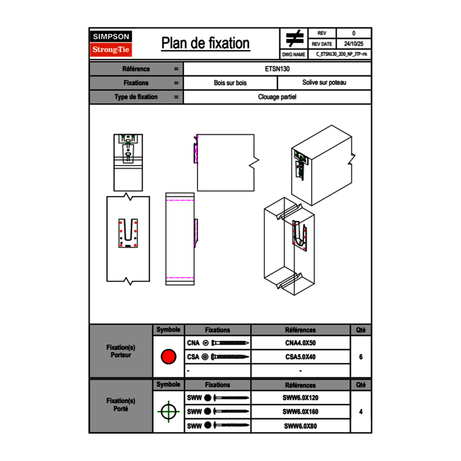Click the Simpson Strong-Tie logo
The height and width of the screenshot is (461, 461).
click(112, 43)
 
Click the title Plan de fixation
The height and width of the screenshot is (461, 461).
click(205, 43)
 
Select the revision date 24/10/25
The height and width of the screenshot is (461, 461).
click(354, 44)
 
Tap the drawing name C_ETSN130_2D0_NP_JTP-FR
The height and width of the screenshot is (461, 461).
click(341, 54)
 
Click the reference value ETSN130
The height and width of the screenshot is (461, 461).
click(278, 69)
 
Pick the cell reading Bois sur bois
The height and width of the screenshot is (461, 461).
click(230, 83)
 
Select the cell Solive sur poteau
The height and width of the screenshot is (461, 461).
click(324, 83)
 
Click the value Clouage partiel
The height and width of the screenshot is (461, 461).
click(277, 97)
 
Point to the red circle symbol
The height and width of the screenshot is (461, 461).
click(168, 357)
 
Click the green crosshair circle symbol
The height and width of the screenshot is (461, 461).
click(168, 411)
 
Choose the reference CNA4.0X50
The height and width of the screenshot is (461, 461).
click(300, 343)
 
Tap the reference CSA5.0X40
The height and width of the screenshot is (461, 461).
click(300, 357)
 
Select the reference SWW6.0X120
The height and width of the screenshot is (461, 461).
click(300, 398)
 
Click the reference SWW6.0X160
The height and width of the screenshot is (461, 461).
click(300, 412)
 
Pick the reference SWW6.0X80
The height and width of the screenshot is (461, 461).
click(300, 426)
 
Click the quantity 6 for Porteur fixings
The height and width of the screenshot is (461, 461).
click(361, 357)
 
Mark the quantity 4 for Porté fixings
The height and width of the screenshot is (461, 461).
click(361, 412)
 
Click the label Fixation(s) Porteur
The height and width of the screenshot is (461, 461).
click(120, 351)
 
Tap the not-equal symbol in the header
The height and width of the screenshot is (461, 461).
click(294, 38)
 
